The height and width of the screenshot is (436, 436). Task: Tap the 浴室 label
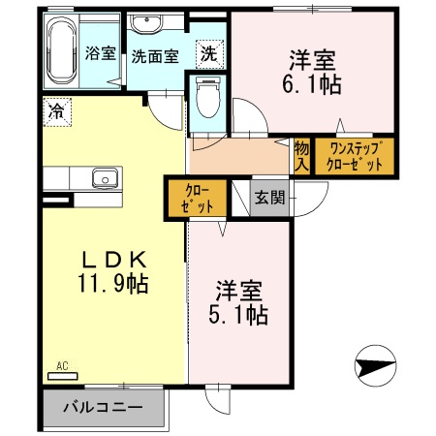[x=99, y=53]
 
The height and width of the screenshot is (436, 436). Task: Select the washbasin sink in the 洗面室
[x=148, y=25]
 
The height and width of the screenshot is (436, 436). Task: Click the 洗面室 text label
[x=155, y=56]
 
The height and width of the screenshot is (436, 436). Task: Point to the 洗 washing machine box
[x=209, y=54]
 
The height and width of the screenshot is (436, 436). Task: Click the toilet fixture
[x=207, y=98]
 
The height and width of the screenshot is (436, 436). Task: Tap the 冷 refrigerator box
[x=57, y=110]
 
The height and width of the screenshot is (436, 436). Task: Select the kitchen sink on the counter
[x=104, y=177]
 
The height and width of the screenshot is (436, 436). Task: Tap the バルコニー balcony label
[x=103, y=407]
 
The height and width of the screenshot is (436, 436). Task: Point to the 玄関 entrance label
[x=269, y=198]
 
